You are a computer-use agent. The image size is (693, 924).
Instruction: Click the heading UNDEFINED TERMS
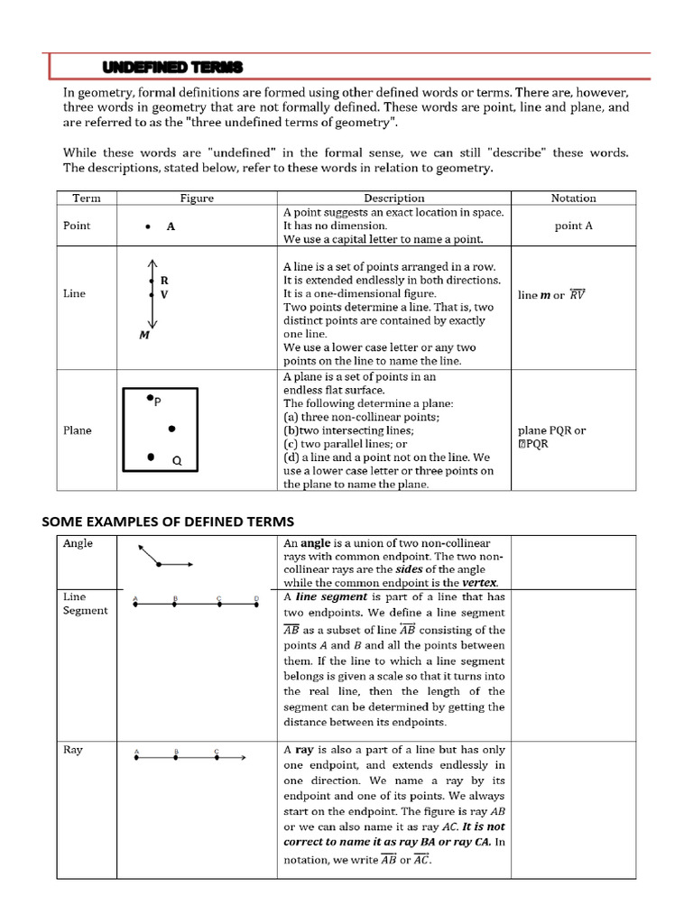click(172, 69)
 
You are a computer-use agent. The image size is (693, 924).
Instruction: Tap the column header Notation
click(573, 198)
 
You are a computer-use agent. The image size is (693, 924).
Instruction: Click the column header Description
click(394, 198)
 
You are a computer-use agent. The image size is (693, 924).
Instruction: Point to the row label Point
click(77, 226)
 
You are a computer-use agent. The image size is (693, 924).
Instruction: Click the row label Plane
click(78, 430)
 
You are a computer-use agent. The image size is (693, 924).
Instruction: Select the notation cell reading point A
click(573, 226)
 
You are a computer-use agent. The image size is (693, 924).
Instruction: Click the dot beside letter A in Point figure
click(147, 227)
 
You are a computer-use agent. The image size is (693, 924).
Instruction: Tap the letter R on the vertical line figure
click(164, 281)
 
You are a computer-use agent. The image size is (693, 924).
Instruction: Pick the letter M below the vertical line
click(143, 336)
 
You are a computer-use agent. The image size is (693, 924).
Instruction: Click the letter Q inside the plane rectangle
click(177, 461)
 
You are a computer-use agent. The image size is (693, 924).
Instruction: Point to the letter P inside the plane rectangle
click(157, 402)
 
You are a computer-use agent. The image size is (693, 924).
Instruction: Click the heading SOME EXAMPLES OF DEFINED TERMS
click(169, 522)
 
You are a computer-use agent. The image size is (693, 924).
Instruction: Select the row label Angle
click(78, 544)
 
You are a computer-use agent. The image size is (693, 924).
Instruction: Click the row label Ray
click(72, 750)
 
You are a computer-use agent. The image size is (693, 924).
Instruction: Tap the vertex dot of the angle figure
click(159, 565)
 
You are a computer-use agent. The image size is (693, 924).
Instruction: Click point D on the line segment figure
click(256, 605)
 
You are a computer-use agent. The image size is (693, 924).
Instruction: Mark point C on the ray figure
click(217, 758)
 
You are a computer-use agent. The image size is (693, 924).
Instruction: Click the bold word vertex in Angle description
click(479, 583)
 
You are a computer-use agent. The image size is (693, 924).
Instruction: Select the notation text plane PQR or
click(551, 430)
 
